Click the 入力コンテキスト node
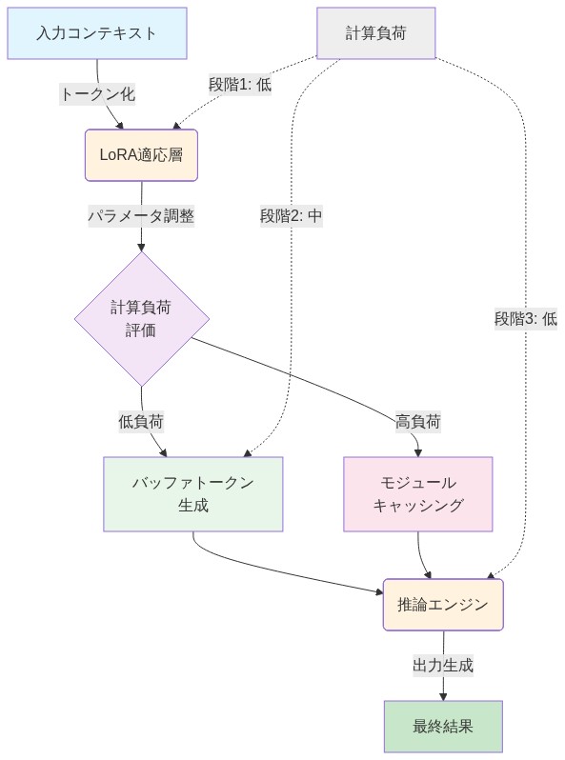click(x=97, y=33)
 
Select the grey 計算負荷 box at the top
click(x=375, y=33)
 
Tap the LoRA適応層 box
click(x=141, y=155)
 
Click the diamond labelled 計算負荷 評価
click(x=142, y=319)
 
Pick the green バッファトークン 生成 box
click(x=193, y=493)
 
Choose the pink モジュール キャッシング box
click(x=418, y=493)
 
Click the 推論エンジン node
click(x=443, y=604)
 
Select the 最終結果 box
click(x=443, y=727)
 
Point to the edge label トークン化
click(x=98, y=93)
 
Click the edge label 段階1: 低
click(x=240, y=84)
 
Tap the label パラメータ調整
click(x=141, y=216)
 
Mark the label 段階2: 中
click(x=292, y=216)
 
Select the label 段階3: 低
click(x=525, y=319)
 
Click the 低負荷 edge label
click(x=141, y=421)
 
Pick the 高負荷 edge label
click(x=418, y=421)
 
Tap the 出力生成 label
click(x=443, y=665)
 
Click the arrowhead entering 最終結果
click(x=443, y=696)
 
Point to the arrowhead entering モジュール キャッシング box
click(x=418, y=451)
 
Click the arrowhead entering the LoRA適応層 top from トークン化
click(x=122, y=125)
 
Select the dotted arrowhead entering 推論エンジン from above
click(x=493, y=574)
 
